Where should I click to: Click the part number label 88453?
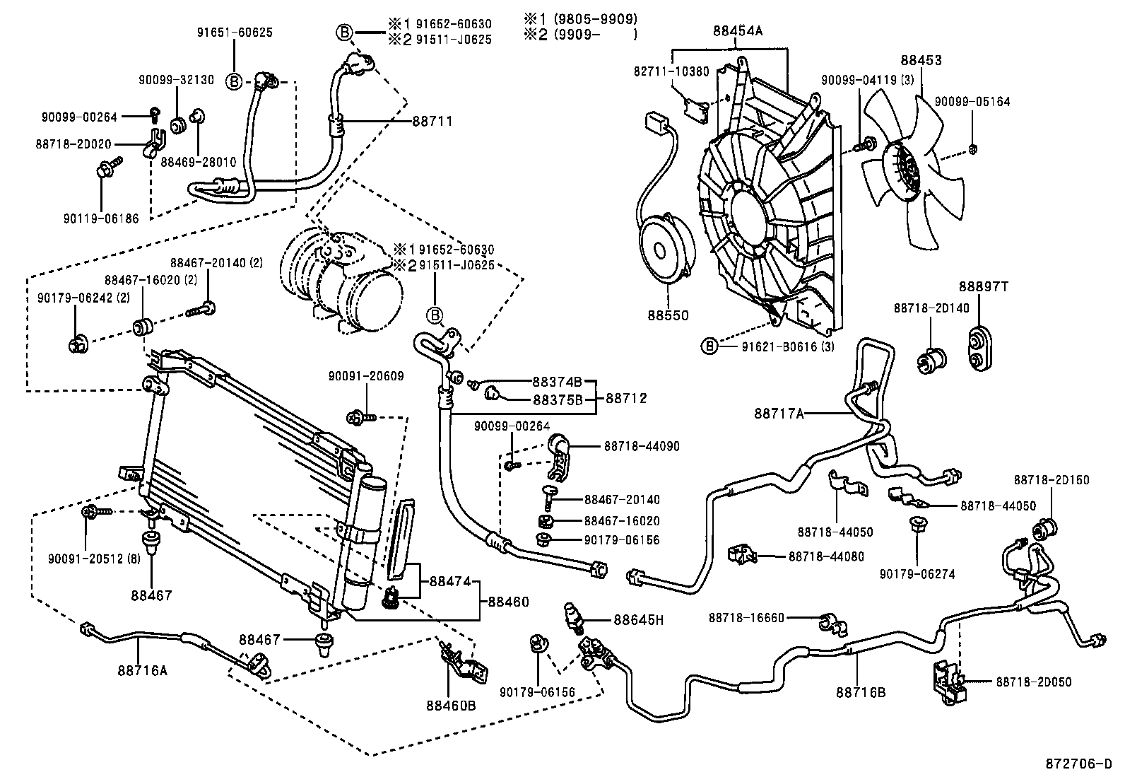tap(921, 61)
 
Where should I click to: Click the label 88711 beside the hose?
tap(432, 122)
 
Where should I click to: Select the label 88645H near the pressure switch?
tap(639, 620)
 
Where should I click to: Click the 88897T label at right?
tap(983, 286)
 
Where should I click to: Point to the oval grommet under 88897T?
tap(979, 348)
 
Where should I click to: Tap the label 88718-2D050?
tap(1034, 682)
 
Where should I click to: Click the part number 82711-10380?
tap(671, 71)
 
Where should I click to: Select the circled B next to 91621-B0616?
tap(709, 346)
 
